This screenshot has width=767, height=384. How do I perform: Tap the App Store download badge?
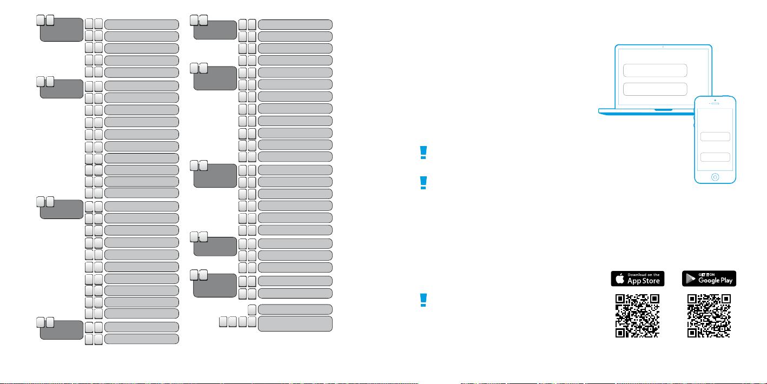[638, 279]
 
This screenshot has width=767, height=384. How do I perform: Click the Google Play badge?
[709, 279]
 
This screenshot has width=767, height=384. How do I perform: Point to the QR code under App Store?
[637, 316]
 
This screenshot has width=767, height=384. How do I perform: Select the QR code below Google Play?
[709, 316]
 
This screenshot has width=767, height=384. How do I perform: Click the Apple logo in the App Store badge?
[620, 279]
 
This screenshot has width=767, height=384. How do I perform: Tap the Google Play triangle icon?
[690, 279]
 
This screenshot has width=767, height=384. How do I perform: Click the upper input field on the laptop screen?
[655, 70]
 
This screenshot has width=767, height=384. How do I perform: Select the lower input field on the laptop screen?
[655, 89]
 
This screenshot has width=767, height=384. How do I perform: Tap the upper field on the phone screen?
[715, 136]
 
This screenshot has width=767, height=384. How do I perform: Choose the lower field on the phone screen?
[715, 157]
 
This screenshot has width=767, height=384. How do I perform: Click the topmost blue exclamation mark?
[424, 153]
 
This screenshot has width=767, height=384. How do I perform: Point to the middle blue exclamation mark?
[424, 183]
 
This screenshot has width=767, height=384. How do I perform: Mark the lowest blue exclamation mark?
[424, 300]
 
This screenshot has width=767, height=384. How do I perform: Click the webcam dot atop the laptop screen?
[663, 47]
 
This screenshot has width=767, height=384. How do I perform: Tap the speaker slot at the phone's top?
[715, 103]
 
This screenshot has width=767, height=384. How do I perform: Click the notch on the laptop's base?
[663, 110]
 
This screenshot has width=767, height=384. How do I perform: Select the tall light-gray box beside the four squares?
[295, 324]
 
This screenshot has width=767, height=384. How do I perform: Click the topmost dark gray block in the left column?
[62, 30]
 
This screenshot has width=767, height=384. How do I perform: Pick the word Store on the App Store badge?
[652, 281]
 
